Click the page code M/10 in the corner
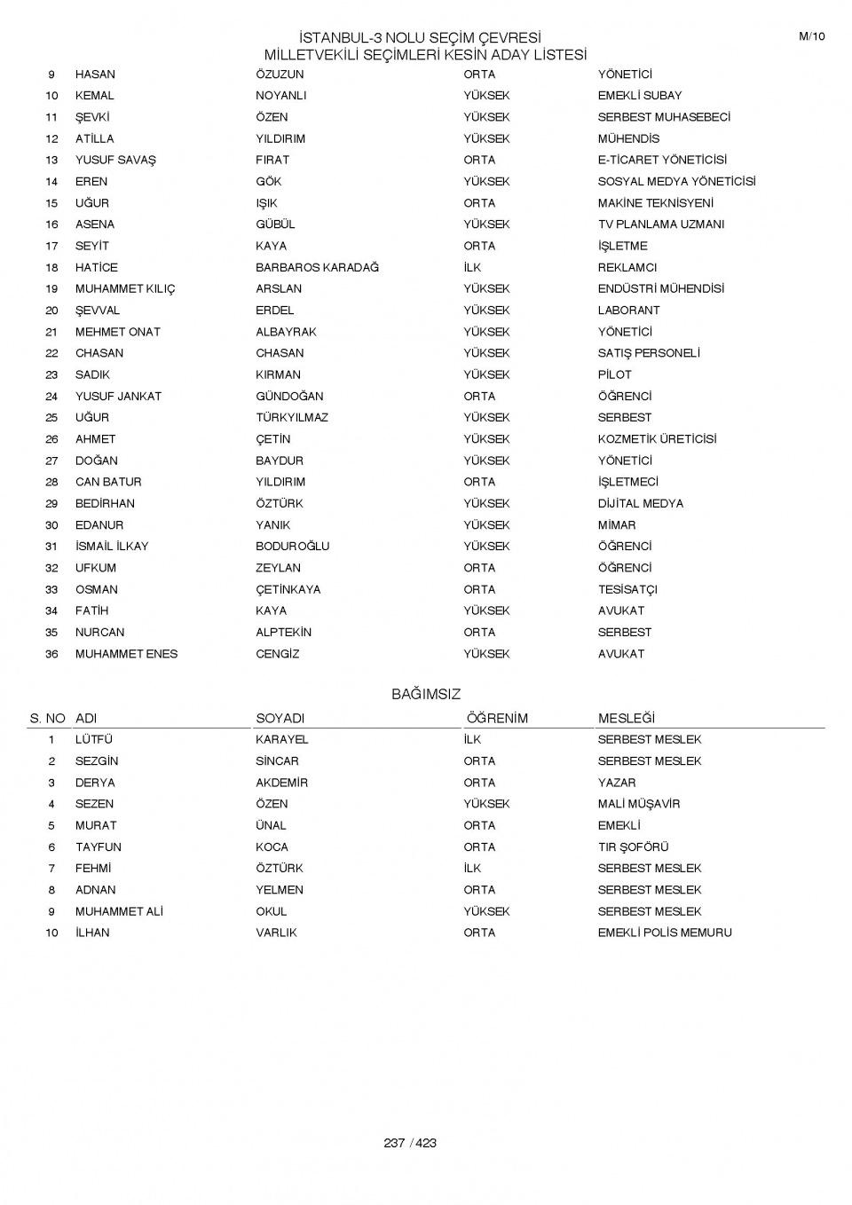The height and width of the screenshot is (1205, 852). click(811, 36)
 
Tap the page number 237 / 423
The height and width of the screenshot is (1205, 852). click(410, 1143)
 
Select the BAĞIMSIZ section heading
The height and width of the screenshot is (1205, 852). click(426, 695)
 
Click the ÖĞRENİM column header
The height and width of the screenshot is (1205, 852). click(497, 719)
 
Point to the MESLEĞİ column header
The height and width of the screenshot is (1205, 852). click(626, 719)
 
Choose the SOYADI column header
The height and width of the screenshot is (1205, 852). click(280, 719)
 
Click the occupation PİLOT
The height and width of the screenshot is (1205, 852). click(614, 374)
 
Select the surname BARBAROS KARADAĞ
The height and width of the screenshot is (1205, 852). click(317, 267)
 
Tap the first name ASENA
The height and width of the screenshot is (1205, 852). click(95, 224)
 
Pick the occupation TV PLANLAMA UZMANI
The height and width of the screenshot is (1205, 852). click(660, 224)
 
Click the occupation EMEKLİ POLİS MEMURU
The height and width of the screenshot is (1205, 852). click(665, 933)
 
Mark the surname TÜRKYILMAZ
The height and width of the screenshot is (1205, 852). click(292, 417)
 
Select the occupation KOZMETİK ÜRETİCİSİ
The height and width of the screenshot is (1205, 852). click(657, 439)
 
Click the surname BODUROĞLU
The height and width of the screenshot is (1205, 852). click(292, 547)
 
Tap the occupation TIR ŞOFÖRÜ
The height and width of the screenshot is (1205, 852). click(633, 847)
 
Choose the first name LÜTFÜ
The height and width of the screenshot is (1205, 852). click(94, 739)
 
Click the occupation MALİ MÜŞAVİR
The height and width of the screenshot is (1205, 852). click(638, 804)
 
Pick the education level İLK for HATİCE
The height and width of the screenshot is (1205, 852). click(472, 267)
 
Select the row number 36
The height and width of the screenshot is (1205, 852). click(51, 654)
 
